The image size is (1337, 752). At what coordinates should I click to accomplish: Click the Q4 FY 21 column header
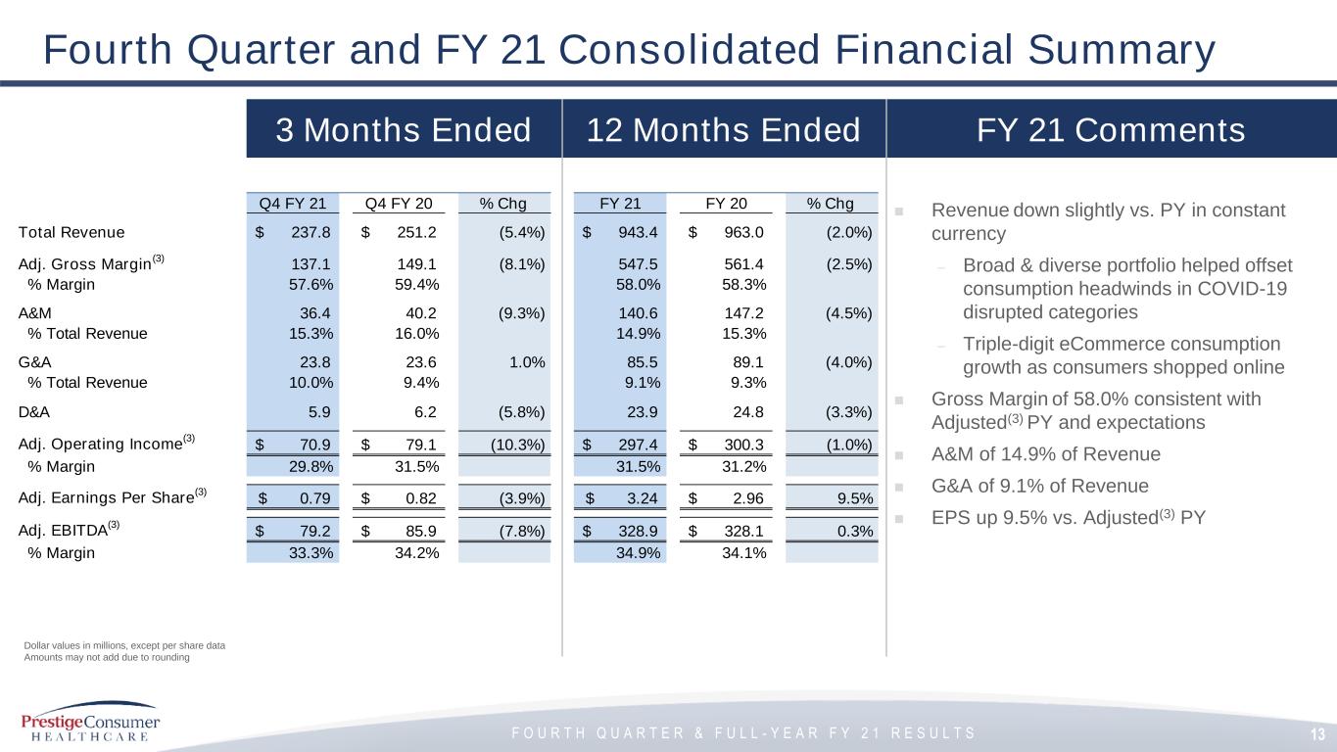point(292,204)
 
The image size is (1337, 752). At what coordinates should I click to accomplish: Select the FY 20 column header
point(726,204)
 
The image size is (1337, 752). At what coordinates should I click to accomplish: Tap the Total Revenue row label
point(72,232)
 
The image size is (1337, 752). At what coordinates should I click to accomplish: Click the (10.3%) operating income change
point(517,444)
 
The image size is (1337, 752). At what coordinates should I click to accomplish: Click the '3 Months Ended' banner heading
point(404,130)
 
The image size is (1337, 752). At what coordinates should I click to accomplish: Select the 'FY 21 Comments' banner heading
point(1110,130)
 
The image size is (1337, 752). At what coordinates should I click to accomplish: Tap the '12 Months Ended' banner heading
point(723,130)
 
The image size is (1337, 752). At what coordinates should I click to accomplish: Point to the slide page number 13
point(1318,734)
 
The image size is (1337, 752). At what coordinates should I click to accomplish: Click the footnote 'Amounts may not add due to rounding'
point(107,658)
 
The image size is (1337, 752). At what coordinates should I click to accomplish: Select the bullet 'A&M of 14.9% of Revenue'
point(1045,454)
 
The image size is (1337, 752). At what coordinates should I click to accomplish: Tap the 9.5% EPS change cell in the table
point(855,498)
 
